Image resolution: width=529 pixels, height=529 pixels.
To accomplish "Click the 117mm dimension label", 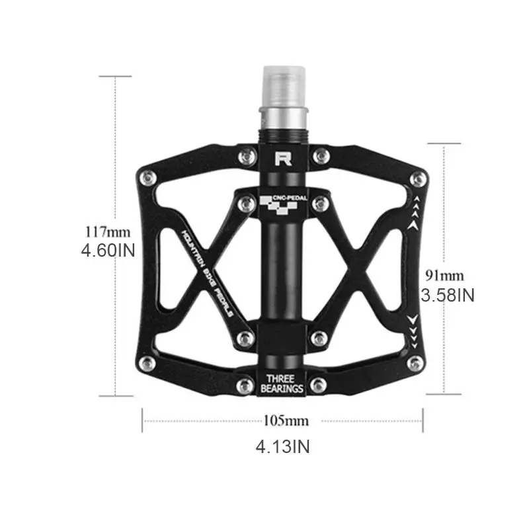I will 108,232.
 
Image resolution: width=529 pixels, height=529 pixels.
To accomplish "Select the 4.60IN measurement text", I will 108,251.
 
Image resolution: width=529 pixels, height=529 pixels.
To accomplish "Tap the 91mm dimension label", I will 444,275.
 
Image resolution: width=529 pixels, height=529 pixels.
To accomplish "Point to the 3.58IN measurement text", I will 448,295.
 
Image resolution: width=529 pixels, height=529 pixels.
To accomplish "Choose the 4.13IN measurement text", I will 282,447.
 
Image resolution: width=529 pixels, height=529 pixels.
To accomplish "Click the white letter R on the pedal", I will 283,159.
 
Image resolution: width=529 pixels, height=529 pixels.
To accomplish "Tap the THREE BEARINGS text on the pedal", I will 284,384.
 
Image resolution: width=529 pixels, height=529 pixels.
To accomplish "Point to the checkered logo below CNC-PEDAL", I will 282,209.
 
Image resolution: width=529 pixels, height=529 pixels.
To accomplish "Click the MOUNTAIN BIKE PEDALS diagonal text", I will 207,270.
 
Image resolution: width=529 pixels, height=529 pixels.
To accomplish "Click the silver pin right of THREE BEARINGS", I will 321,384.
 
